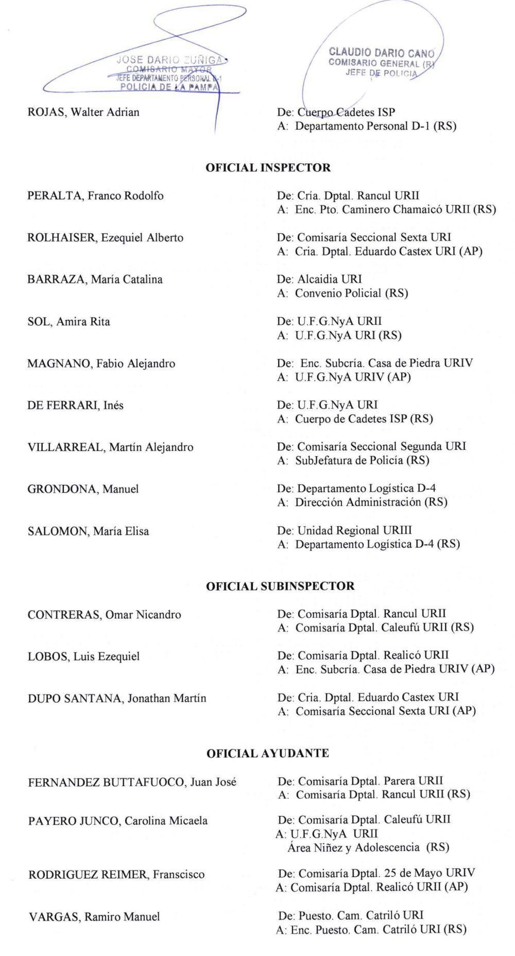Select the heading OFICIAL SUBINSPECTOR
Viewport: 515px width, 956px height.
(x=280, y=586)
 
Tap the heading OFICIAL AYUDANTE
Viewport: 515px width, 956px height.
(x=267, y=754)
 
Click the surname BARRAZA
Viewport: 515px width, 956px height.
(x=57, y=280)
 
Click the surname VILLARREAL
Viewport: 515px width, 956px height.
(x=65, y=447)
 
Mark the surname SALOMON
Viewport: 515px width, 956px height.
(x=58, y=531)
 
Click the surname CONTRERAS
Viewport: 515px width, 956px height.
(x=64, y=615)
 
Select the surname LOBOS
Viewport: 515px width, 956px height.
(x=47, y=657)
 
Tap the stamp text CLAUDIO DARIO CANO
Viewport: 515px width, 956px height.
(x=382, y=53)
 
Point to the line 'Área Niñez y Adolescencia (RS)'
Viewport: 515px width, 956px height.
(x=368, y=847)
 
